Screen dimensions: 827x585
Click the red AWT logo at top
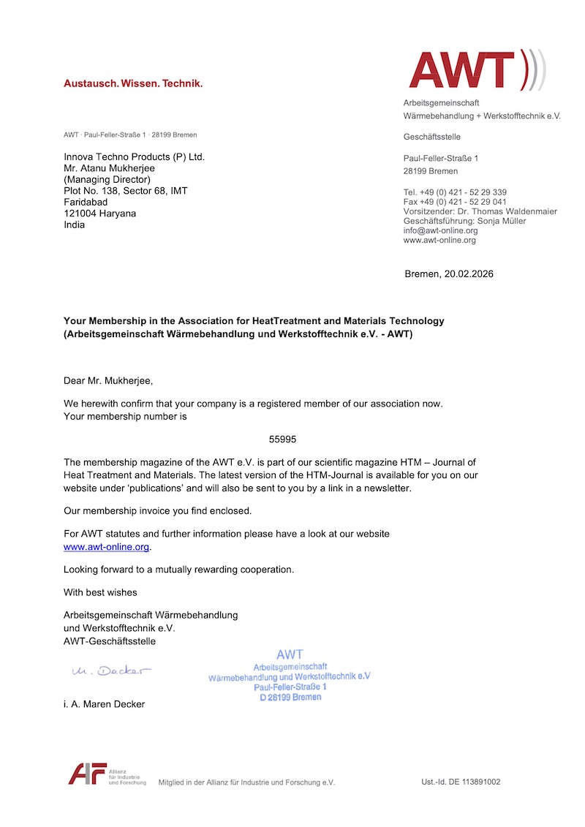[x=476, y=70]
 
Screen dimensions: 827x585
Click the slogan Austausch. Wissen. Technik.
[x=133, y=83]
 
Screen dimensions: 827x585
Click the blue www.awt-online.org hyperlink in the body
[x=107, y=547]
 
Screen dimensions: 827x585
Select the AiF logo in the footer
[x=88, y=774]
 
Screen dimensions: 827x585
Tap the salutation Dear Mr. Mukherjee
[x=109, y=380]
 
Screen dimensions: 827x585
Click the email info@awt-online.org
[x=440, y=230]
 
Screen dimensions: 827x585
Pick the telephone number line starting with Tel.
[x=455, y=192]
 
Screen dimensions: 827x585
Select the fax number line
[x=455, y=202]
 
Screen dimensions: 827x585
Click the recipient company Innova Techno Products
[x=134, y=156]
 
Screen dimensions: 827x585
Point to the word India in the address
[x=74, y=224]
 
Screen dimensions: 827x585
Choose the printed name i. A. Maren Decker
[x=104, y=704]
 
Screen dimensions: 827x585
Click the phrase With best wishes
[x=100, y=592]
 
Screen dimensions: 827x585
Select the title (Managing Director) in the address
[x=107, y=179]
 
